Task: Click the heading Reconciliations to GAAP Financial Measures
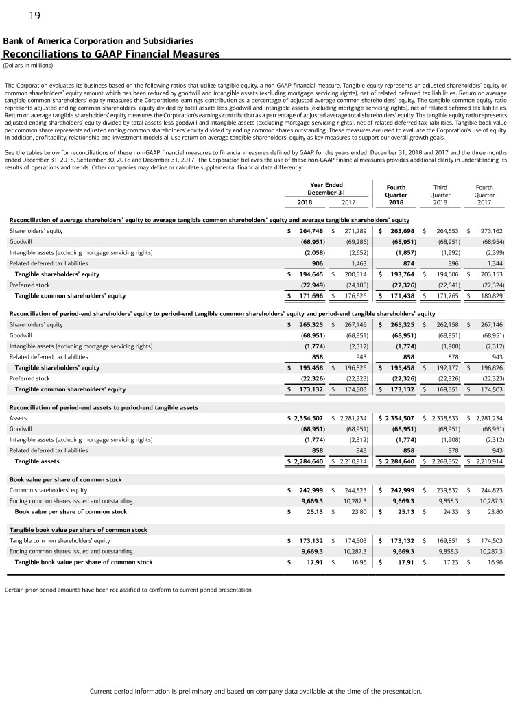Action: click(x=112, y=54)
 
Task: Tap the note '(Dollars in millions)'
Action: click(x=27, y=66)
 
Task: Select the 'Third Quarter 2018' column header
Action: click(x=441, y=194)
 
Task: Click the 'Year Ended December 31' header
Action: click(x=326, y=189)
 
